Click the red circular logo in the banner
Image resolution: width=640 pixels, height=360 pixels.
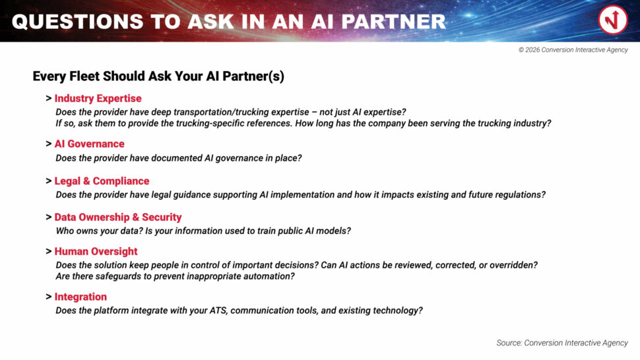pyautogui.click(x=613, y=20)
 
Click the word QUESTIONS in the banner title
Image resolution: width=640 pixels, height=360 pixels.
pyautogui.click(x=78, y=22)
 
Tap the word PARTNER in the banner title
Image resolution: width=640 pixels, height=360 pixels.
pyautogui.click(x=393, y=22)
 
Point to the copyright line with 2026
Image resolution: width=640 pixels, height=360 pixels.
pyautogui.click(x=573, y=49)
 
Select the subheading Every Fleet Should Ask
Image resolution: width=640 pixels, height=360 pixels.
pyautogui.click(x=158, y=76)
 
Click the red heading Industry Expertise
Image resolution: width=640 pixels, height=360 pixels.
pyautogui.click(x=98, y=98)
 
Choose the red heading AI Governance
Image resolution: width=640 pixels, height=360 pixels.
pyautogui.click(x=89, y=144)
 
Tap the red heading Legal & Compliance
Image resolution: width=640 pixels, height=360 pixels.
pyautogui.click(x=102, y=181)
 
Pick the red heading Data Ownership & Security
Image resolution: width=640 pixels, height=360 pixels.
pyautogui.click(x=118, y=218)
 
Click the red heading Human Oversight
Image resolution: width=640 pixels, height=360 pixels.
pyautogui.click(x=96, y=252)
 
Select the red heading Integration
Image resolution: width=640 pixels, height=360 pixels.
pyautogui.click(x=80, y=297)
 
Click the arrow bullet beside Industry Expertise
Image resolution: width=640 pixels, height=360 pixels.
pyautogui.click(x=49, y=98)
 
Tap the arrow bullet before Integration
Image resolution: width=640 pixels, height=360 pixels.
pyautogui.click(x=49, y=297)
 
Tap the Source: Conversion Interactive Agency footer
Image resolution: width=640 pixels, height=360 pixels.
pyautogui.click(x=562, y=343)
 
